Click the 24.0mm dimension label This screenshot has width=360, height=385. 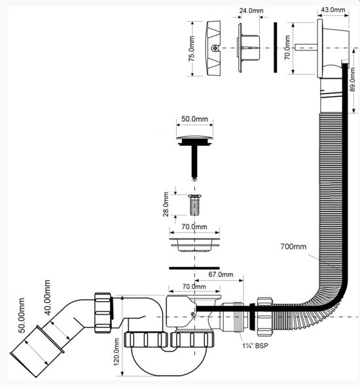click(x=251, y=10)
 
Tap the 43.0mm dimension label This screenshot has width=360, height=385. click(x=333, y=10)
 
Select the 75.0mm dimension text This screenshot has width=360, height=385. click(x=192, y=48)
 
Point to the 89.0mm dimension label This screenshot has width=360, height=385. click(x=353, y=79)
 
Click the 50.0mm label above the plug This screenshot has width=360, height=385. click(x=194, y=119)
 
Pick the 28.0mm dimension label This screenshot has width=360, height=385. click(x=166, y=204)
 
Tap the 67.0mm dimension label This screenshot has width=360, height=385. click(x=221, y=274)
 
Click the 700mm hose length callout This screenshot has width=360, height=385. click(x=293, y=246)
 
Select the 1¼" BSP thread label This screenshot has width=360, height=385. click(x=255, y=346)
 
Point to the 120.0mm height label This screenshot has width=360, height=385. click(x=117, y=352)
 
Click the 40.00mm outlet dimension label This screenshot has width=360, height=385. click(x=47, y=297)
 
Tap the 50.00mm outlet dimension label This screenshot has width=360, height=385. click(x=22, y=316)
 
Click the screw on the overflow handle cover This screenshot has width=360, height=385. click(x=215, y=48)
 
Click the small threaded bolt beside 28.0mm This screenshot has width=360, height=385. click(x=194, y=205)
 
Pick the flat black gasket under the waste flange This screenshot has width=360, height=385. click(x=194, y=268)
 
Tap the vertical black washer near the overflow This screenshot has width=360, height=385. click(x=276, y=47)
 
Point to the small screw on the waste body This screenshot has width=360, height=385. click(x=193, y=313)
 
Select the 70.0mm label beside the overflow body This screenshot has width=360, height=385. click(x=287, y=47)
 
